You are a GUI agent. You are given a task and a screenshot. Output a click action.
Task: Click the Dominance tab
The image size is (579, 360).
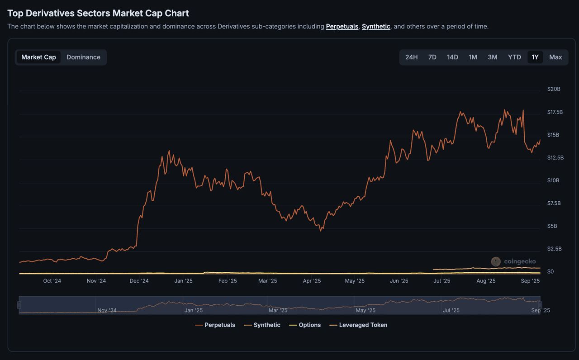coord(83,57)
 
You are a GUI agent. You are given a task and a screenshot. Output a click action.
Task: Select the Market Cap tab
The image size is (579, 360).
coord(38,57)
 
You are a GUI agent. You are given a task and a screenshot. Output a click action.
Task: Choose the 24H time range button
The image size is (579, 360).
coord(411,57)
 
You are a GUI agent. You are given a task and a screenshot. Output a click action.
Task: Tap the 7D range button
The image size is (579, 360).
coord(432,57)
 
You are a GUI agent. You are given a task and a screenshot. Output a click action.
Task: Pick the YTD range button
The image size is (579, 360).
coord(514,57)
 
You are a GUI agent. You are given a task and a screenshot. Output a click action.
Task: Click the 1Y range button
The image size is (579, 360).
coord(535,57)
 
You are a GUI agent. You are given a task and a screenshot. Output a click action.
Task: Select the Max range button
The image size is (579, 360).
coord(555,57)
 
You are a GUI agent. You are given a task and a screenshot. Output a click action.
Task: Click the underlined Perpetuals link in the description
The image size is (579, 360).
coord(342,27)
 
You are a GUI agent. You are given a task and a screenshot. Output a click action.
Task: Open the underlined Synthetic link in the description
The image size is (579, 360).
coord(376,27)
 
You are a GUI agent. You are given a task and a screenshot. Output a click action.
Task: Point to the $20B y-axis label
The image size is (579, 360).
coord(554,89)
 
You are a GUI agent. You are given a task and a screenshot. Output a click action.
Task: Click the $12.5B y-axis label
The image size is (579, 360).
coord(555,158)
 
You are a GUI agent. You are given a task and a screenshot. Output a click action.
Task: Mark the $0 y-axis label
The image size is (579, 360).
coord(551,272)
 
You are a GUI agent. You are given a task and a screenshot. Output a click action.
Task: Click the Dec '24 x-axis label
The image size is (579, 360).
coord(139,281)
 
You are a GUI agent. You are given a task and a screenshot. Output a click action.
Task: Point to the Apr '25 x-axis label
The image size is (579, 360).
coord(312,281)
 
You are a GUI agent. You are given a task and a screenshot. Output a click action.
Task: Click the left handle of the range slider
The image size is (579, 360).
coord(19,305)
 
